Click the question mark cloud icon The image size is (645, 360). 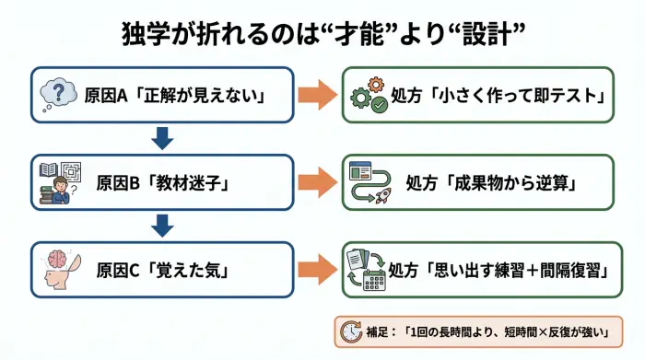coord(60,94)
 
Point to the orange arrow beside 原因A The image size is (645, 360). coord(316,94)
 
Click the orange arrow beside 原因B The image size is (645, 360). coord(316,181)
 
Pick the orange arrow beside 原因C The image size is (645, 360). coord(316,270)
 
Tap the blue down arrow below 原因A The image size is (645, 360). coord(162,138)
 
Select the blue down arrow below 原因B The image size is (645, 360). coord(162,226)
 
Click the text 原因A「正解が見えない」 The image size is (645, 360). coord(174,95)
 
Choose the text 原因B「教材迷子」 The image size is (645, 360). coord(162,182)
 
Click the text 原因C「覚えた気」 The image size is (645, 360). coord(162,270)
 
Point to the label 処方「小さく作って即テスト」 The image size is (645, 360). coord(497,95)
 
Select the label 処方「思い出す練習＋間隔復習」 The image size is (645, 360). coord(497,270)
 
